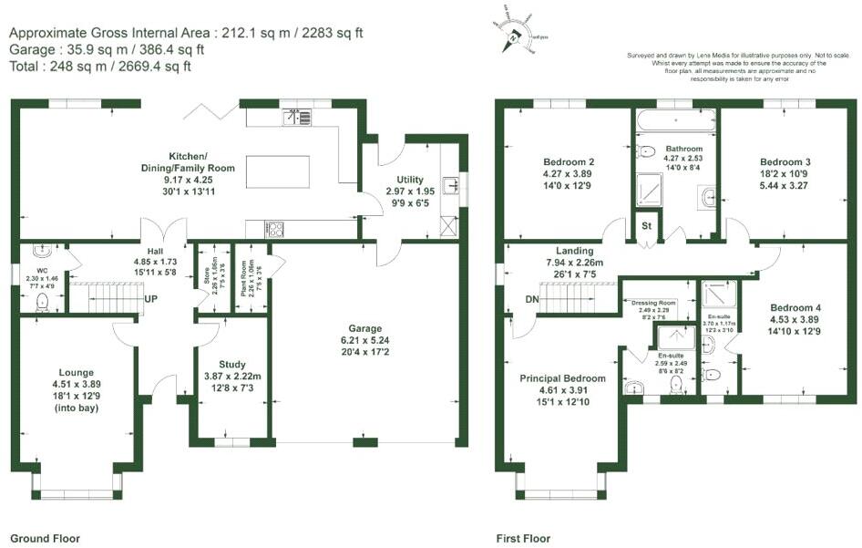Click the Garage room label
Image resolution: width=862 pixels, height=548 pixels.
(x=364, y=328)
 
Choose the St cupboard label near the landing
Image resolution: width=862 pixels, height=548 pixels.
(x=647, y=225)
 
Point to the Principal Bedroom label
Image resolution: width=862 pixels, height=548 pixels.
(x=562, y=377)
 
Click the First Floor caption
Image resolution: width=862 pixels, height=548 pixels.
(x=523, y=539)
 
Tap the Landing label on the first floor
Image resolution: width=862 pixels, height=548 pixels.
(x=574, y=251)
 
